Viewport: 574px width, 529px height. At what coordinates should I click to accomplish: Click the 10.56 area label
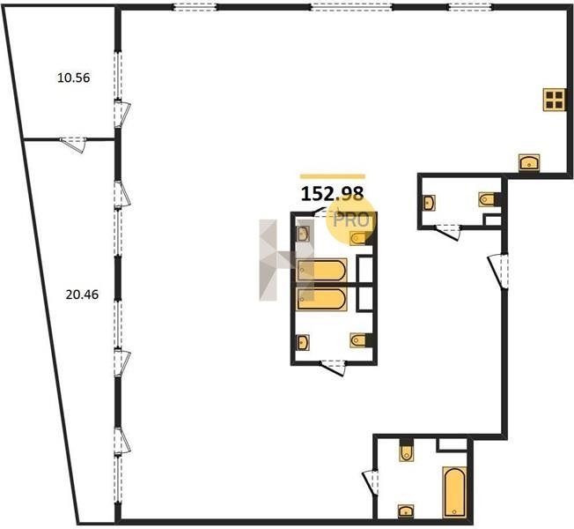tap(74, 78)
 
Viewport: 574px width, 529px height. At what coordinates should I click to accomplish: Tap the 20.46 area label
tap(82, 294)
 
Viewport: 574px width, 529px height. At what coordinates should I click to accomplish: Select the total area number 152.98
tap(332, 193)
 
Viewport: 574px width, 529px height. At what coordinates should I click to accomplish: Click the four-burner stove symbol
tap(554, 100)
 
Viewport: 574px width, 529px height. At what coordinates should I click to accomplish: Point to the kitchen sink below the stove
tap(529, 162)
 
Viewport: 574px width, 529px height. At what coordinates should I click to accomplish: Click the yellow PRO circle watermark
tap(351, 220)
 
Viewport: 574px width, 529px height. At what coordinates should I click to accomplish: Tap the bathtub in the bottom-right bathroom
tap(454, 492)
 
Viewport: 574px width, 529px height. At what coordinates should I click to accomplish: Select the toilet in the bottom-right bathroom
tap(406, 450)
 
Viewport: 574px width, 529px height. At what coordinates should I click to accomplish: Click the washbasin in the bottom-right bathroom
tap(406, 510)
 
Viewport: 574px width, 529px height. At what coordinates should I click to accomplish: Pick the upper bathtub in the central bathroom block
tap(321, 270)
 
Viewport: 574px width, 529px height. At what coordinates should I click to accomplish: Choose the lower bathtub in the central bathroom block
tap(321, 299)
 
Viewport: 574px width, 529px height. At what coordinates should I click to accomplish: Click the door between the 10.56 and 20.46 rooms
tap(73, 144)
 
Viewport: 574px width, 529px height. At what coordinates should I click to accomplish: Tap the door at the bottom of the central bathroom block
tap(333, 368)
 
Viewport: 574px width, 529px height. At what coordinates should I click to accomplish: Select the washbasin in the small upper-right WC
tap(430, 203)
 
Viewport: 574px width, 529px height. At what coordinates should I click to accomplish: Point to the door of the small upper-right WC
tap(447, 232)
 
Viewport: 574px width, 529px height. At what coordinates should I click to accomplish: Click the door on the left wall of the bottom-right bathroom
tap(371, 482)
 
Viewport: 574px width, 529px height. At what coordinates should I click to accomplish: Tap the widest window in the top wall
tap(351, 7)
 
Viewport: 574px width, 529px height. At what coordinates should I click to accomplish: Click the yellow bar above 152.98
tap(333, 176)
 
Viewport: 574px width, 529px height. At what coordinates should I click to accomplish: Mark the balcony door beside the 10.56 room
tap(122, 113)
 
